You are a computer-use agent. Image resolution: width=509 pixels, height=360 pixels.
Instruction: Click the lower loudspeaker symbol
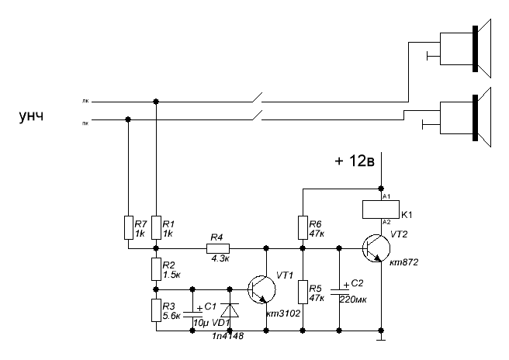[x=466, y=116]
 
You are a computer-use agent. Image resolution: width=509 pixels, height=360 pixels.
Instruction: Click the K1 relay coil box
[x=379, y=209]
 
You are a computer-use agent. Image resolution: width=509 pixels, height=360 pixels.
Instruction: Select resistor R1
[x=156, y=227]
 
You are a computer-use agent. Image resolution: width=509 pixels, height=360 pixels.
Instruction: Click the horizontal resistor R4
[x=217, y=249]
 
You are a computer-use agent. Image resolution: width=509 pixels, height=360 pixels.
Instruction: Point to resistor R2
[x=156, y=268]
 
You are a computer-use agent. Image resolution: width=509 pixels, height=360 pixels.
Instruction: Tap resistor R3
[x=156, y=310]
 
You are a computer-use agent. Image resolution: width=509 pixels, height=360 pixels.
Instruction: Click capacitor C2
[x=339, y=292]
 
